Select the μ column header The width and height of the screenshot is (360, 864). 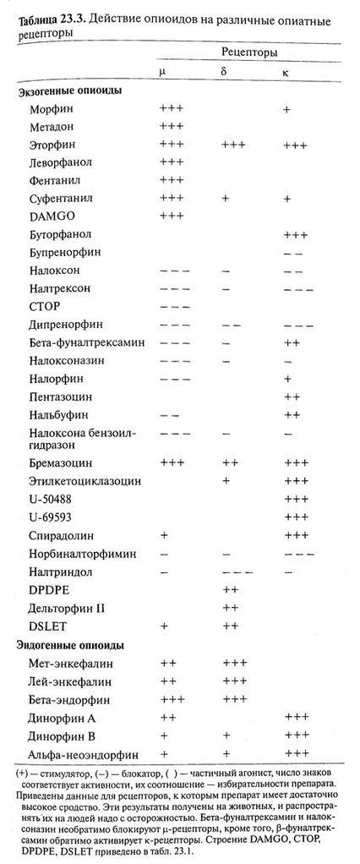162,73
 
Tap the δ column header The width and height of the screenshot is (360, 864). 223,72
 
